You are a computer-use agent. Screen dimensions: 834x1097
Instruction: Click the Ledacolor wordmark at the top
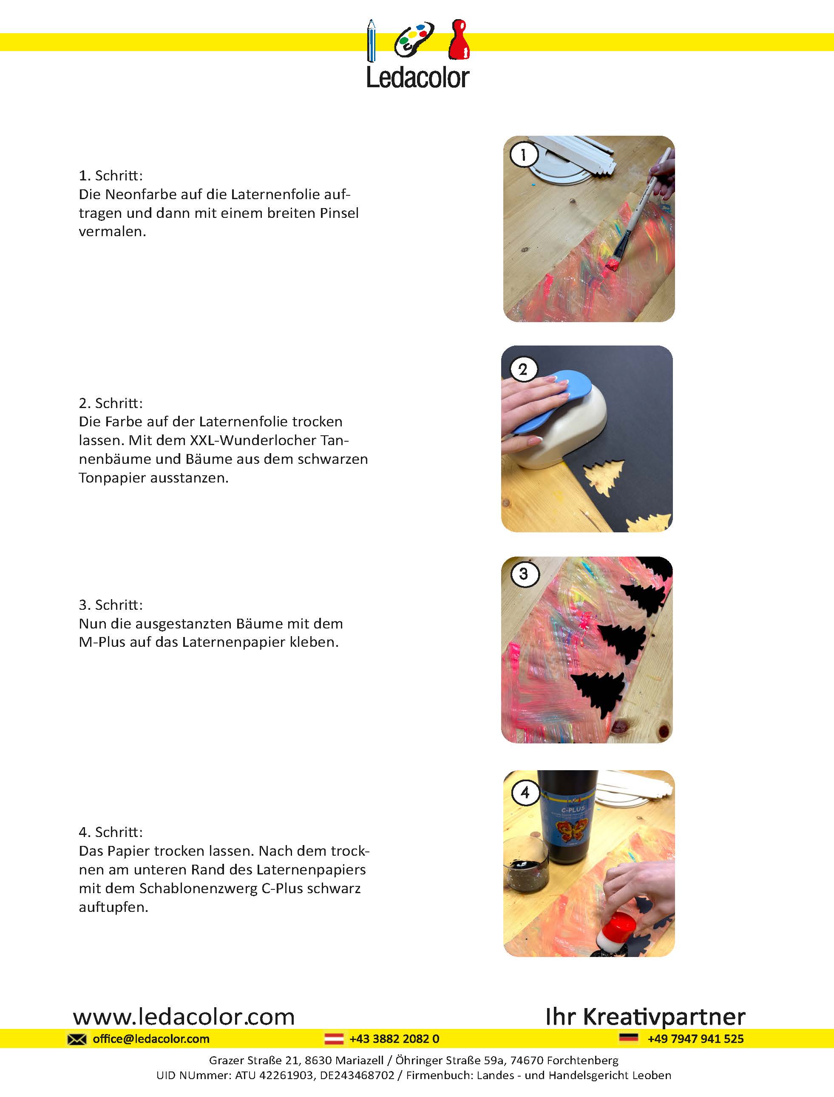tap(417, 77)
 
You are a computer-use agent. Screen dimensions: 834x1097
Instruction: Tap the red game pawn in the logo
tap(459, 39)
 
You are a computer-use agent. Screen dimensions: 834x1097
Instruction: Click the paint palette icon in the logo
tap(414, 40)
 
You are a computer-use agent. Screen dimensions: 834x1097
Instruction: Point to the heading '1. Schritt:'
tap(111, 175)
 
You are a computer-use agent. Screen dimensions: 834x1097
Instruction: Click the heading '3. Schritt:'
tap(111, 605)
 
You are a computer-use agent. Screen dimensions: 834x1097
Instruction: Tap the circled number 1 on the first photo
tap(523, 155)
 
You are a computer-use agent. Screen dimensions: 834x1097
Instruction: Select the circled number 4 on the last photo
tap(525, 792)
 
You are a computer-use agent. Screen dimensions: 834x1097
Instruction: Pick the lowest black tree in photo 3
tap(597, 694)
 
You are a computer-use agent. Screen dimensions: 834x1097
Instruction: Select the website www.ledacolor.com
tap(184, 1017)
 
